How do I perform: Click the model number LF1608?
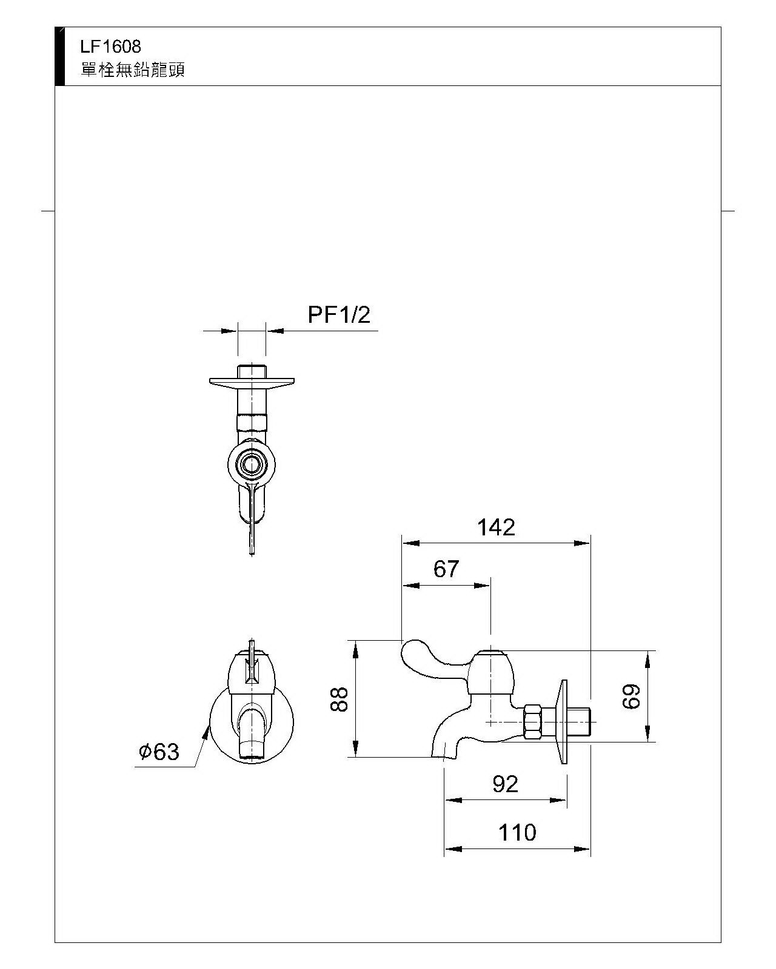(111, 46)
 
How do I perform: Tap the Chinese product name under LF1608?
(133, 70)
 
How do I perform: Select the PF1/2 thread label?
(338, 315)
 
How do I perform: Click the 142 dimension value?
(495, 527)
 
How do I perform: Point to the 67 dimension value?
(446, 569)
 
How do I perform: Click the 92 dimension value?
(505, 784)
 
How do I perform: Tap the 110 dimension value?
(517, 833)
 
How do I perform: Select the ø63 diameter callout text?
(159, 752)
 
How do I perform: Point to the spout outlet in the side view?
(444, 753)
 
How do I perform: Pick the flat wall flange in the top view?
(252, 382)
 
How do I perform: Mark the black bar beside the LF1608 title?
(59, 56)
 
